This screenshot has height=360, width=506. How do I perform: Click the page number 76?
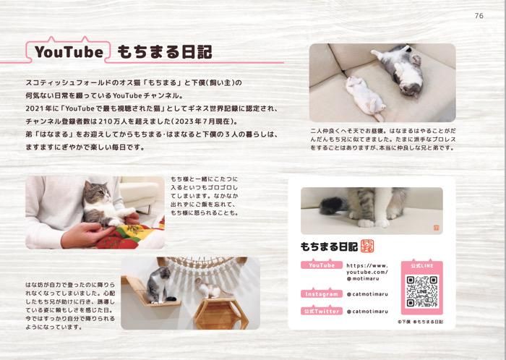[x=479, y=15]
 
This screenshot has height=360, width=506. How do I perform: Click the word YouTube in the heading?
[x=69, y=52]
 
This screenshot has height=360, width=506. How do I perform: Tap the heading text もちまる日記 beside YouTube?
[x=165, y=52]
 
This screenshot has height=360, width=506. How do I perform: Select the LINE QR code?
[x=421, y=291]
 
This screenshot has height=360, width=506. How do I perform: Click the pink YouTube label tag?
[x=322, y=265]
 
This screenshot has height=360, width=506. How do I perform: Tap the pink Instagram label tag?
[x=322, y=293]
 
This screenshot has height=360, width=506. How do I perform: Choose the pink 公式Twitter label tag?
[x=322, y=311]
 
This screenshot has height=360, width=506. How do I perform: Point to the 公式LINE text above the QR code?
[x=421, y=266]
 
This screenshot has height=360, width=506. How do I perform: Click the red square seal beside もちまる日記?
[x=367, y=246]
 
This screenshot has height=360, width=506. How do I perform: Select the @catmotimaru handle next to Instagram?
[x=367, y=294]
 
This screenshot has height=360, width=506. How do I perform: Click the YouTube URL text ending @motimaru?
[x=367, y=272]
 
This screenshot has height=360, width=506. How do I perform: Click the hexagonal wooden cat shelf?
[x=221, y=313]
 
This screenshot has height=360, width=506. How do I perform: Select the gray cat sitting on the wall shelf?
[x=159, y=286]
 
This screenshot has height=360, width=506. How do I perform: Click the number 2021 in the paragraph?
[x=33, y=108]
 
